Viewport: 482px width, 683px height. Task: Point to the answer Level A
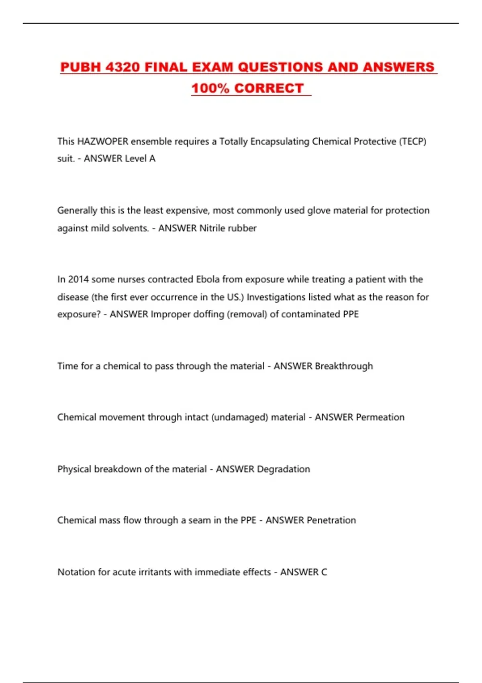[x=140, y=159]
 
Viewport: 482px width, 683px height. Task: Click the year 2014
[x=78, y=279]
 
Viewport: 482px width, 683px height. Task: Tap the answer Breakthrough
[x=344, y=366]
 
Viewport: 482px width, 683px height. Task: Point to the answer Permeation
[x=380, y=417]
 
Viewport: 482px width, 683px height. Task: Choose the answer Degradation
[x=284, y=469]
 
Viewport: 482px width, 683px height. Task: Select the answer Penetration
[x=331, y=520]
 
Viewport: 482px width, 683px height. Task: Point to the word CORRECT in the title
[x=269, y=88]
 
